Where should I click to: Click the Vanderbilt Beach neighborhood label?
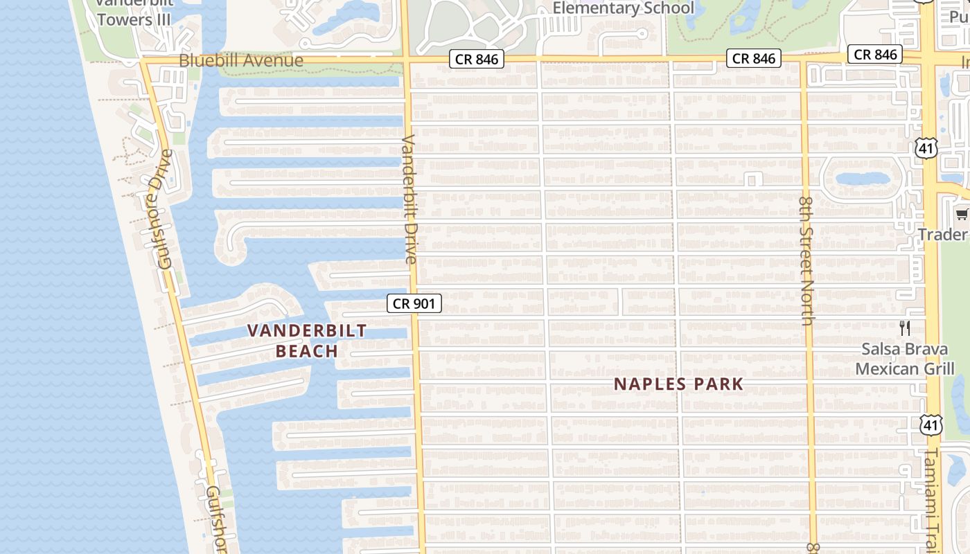click(307, 341)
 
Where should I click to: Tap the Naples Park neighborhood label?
click(678, 384)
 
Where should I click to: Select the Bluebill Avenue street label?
click(241, 61)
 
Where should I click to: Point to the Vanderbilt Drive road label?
click(409, 199)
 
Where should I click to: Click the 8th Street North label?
click(806, 260)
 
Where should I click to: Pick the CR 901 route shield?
click(414, 303)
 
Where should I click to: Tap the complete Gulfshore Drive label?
click(165, 208)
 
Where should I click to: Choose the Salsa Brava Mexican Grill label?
click(905, 359)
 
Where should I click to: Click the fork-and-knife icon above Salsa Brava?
click(905, 328)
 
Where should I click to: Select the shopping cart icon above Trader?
click(962, 214)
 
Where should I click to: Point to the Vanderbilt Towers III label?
click(134, 12)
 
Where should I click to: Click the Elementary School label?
click(624, 8)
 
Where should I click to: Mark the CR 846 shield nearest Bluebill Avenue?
click(477, 60)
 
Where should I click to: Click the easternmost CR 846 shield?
click(876, 55)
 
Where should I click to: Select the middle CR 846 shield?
click(754, 58)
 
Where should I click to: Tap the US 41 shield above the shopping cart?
click(926, 148)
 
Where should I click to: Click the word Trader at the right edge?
click(943, 235)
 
